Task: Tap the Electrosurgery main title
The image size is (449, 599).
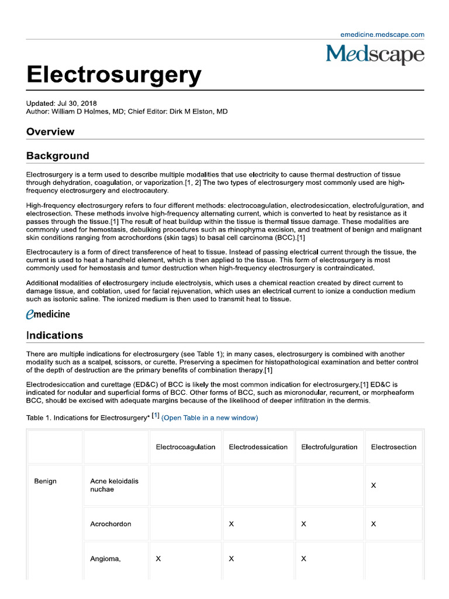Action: tap(114, 75)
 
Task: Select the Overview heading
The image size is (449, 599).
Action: tap(50, 132)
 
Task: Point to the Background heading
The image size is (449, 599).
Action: tap(58, 156)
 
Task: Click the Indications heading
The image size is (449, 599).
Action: tap(55, 336)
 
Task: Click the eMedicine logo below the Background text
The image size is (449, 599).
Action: tap(49, 314)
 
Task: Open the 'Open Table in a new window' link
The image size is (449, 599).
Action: tap(209, 418)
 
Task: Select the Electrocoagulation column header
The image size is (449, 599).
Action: tap(185, 447)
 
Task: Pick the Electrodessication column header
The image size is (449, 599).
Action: tap(258, 447)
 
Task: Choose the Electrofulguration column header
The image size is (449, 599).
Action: tap(329, 447)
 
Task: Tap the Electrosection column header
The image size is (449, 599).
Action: tap(393, 447)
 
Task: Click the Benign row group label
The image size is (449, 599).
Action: tap(45, 481)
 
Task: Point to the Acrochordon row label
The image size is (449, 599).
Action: tap(110, 524)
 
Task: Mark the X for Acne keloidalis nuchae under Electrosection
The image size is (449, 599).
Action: tap(374, 486)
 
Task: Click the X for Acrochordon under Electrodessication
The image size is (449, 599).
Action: tap(231, 524)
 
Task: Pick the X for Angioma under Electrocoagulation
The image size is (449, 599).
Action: tap(158, 559)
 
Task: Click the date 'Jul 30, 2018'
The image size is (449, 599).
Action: tap(77, 104)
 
